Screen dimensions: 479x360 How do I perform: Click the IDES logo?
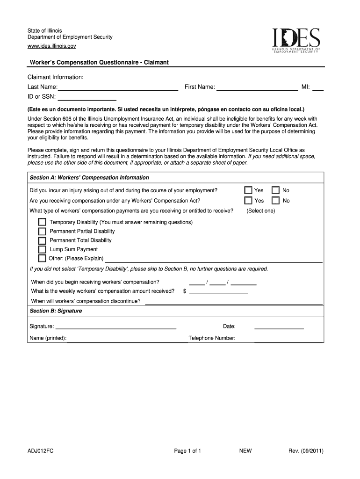(x=296, y=40)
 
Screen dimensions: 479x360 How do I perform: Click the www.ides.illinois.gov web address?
(x=51, y=46)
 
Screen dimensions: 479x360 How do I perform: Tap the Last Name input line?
(x=118, y=87)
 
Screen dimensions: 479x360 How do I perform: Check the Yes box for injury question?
(x=248, y=190)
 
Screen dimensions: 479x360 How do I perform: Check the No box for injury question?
(x=276, y=190)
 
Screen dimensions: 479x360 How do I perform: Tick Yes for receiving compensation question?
(x=248, y=201)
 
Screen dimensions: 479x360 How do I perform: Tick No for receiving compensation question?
(x=276, y=201)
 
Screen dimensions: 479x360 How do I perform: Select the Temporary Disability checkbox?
(x=42, y=222)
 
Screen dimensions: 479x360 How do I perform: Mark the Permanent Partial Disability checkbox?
(x=42, y=231)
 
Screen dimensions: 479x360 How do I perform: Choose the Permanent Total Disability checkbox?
(x=42, y=240)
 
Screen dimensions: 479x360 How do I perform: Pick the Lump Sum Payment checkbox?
(x=42, y=249)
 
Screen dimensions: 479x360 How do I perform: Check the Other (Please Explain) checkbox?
(x=42, y=258)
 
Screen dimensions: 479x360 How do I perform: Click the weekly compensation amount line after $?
(x=218, y=291)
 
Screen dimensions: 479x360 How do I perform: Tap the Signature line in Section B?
(x=115, y=327)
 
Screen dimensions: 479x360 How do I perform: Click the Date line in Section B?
(x=279, y=327)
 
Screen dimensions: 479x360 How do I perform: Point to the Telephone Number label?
(x=212, y=338)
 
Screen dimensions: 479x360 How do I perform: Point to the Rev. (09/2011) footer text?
(x=306, y=451)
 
